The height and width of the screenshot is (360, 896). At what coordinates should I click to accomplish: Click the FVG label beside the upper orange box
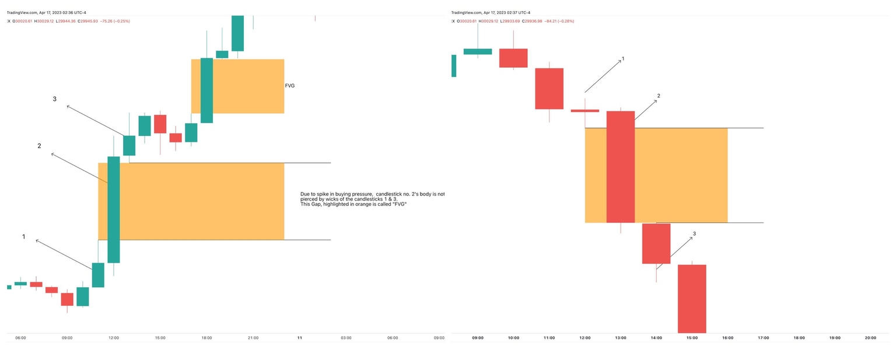(289, 86)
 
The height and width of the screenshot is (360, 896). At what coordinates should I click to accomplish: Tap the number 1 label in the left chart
(24, 237)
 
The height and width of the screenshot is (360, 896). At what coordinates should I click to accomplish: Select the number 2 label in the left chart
(39, 146)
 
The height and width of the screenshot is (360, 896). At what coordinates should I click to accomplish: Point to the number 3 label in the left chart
(54, 99)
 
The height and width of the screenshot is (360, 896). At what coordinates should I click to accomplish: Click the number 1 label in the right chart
(623, 59)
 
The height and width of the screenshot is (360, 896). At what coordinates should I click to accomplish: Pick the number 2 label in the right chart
(659, 96)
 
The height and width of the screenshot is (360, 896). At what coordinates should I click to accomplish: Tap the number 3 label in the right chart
(694, 234)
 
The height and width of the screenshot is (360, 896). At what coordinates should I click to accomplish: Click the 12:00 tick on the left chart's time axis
(113, 338)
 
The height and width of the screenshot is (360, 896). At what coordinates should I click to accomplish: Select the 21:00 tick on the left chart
(253, 338)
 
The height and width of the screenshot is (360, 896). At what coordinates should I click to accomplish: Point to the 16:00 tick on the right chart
(727, 338)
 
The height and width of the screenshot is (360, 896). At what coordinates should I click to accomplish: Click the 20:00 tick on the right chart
(870, 338)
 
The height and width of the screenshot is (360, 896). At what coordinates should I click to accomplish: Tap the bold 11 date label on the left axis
(300, 338)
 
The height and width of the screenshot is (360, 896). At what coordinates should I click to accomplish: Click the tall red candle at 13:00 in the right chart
(621, 167)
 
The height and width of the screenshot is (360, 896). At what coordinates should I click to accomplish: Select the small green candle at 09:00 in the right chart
(477, 51)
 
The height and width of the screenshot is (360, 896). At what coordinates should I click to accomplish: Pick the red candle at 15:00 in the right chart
(692, 298)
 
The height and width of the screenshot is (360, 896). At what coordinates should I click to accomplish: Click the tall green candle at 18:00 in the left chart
(206, 90)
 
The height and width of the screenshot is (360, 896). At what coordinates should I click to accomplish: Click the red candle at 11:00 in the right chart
(549, 89)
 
